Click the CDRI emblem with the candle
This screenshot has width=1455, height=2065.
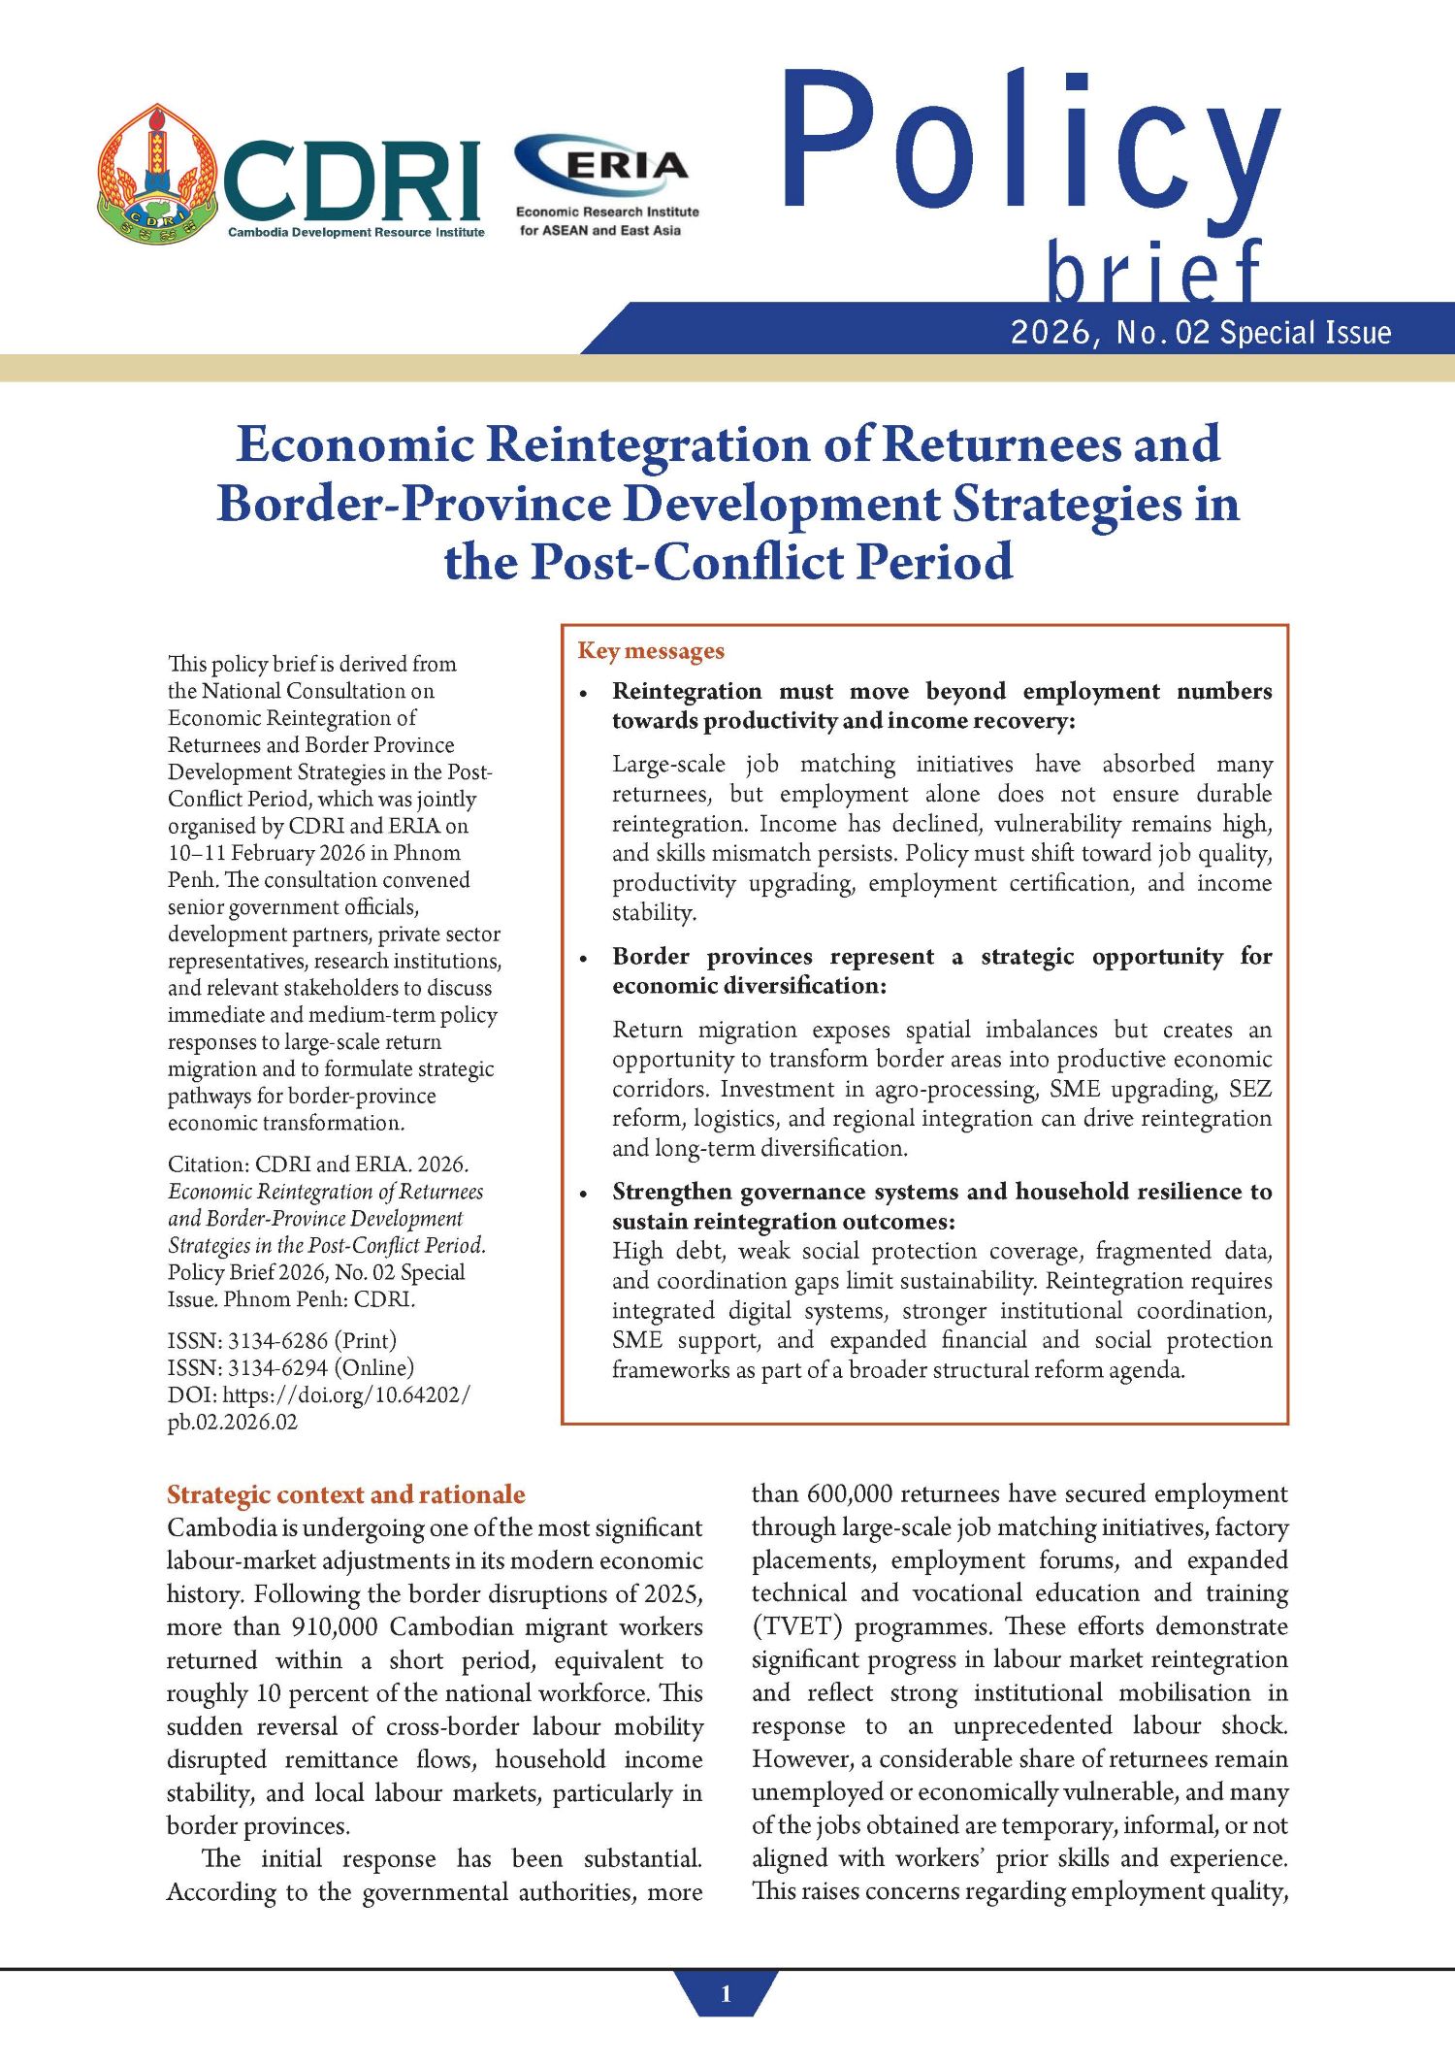pos(158,175)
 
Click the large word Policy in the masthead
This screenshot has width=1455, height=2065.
pos(1030,146)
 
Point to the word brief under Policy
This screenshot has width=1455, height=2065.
pos(1154,272)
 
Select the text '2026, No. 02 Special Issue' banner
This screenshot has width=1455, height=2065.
pos(1201,333)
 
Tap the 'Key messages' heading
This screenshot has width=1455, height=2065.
pos(651,651)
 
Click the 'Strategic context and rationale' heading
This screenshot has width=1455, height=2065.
pos(345,1494)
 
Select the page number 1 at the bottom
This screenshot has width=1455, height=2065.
pos(727,1995)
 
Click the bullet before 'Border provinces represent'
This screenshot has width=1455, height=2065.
pos(583,959)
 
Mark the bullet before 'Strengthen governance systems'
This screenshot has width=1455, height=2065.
pos(583,1194)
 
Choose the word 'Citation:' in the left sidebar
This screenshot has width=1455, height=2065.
pos(209,1164)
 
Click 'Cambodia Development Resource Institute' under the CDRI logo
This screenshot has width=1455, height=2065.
pos(356,233)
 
